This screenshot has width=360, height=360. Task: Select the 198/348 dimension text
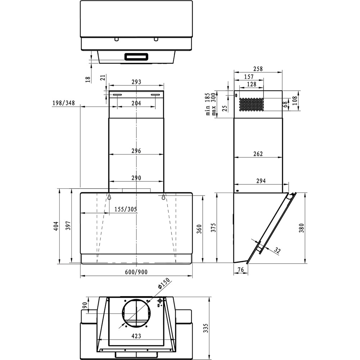(63, 103)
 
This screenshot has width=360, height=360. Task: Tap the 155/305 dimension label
(125, 210)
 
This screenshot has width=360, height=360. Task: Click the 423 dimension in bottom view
(136, 336)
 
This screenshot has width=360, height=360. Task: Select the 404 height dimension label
(56, 226)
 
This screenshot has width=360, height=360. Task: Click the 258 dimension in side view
(258, 69)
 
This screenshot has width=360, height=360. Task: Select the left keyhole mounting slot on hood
(108, 197)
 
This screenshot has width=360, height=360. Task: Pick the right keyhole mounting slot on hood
(163, 197)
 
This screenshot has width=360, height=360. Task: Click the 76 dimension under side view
(240, 270)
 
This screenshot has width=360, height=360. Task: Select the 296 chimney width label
(136, 151)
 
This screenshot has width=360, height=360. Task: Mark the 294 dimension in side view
(261, 181)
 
